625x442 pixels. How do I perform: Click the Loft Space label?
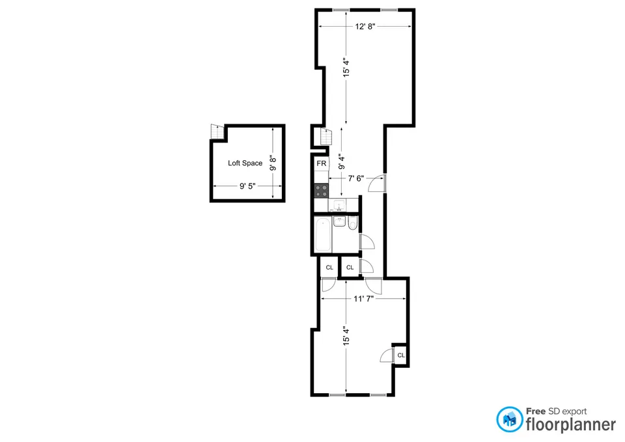(245, 163)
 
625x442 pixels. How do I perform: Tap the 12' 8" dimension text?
(365, 27)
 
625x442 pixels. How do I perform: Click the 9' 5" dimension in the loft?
(247, 186)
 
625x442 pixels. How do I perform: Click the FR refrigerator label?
(322, 163)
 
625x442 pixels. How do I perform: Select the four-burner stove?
(322, 190)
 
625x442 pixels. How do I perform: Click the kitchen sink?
(339, 206)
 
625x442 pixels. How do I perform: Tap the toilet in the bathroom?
(353, 224)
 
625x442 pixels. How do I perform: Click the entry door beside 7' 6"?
(377, 184)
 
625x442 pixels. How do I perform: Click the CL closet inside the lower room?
(400, 355)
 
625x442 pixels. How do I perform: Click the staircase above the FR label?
(324, 138)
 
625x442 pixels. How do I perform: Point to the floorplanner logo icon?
(510, 420)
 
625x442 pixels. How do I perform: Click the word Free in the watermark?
(536, 411)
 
